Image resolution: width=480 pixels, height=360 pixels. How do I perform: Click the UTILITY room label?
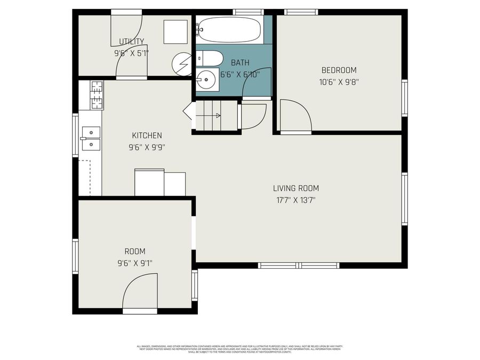131,42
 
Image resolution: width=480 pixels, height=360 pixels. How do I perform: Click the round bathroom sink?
207,81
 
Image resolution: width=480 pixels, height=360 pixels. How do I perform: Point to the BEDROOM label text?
339,70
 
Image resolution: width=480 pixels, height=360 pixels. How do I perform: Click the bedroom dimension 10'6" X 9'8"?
339,82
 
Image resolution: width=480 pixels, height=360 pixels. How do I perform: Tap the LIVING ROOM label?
296,188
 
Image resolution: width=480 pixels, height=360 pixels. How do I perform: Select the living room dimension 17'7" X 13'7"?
296,201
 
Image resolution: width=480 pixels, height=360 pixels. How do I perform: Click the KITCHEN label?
147,135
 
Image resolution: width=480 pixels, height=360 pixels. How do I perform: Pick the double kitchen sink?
91,137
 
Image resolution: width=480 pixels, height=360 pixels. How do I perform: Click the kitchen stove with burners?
97,95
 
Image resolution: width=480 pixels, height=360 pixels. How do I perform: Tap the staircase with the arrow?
208,115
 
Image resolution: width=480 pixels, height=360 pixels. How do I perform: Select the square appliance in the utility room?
175,32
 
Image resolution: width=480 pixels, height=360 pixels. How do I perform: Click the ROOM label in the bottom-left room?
135,251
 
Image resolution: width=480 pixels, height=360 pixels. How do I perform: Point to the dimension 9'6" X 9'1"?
135,263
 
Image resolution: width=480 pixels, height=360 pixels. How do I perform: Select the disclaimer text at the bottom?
240,349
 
